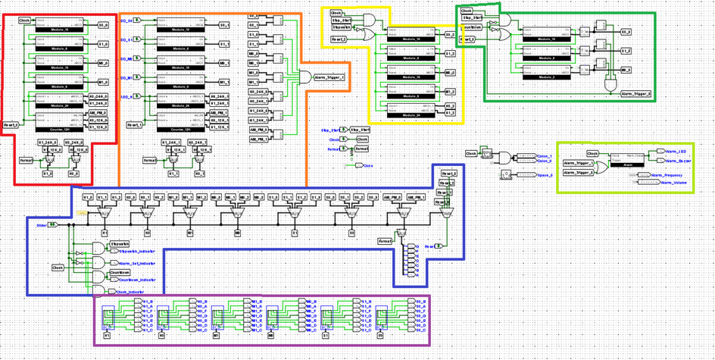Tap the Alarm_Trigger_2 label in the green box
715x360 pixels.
click(x=636, y=94)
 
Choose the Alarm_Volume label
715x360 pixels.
click(x=675, y=183)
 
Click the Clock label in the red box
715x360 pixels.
click(x=24, y=20)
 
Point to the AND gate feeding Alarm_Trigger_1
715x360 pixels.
click(x=304, y=77)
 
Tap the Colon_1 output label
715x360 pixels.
click(x=545, y=155)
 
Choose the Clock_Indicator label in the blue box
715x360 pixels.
click(x=133, y=291)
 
